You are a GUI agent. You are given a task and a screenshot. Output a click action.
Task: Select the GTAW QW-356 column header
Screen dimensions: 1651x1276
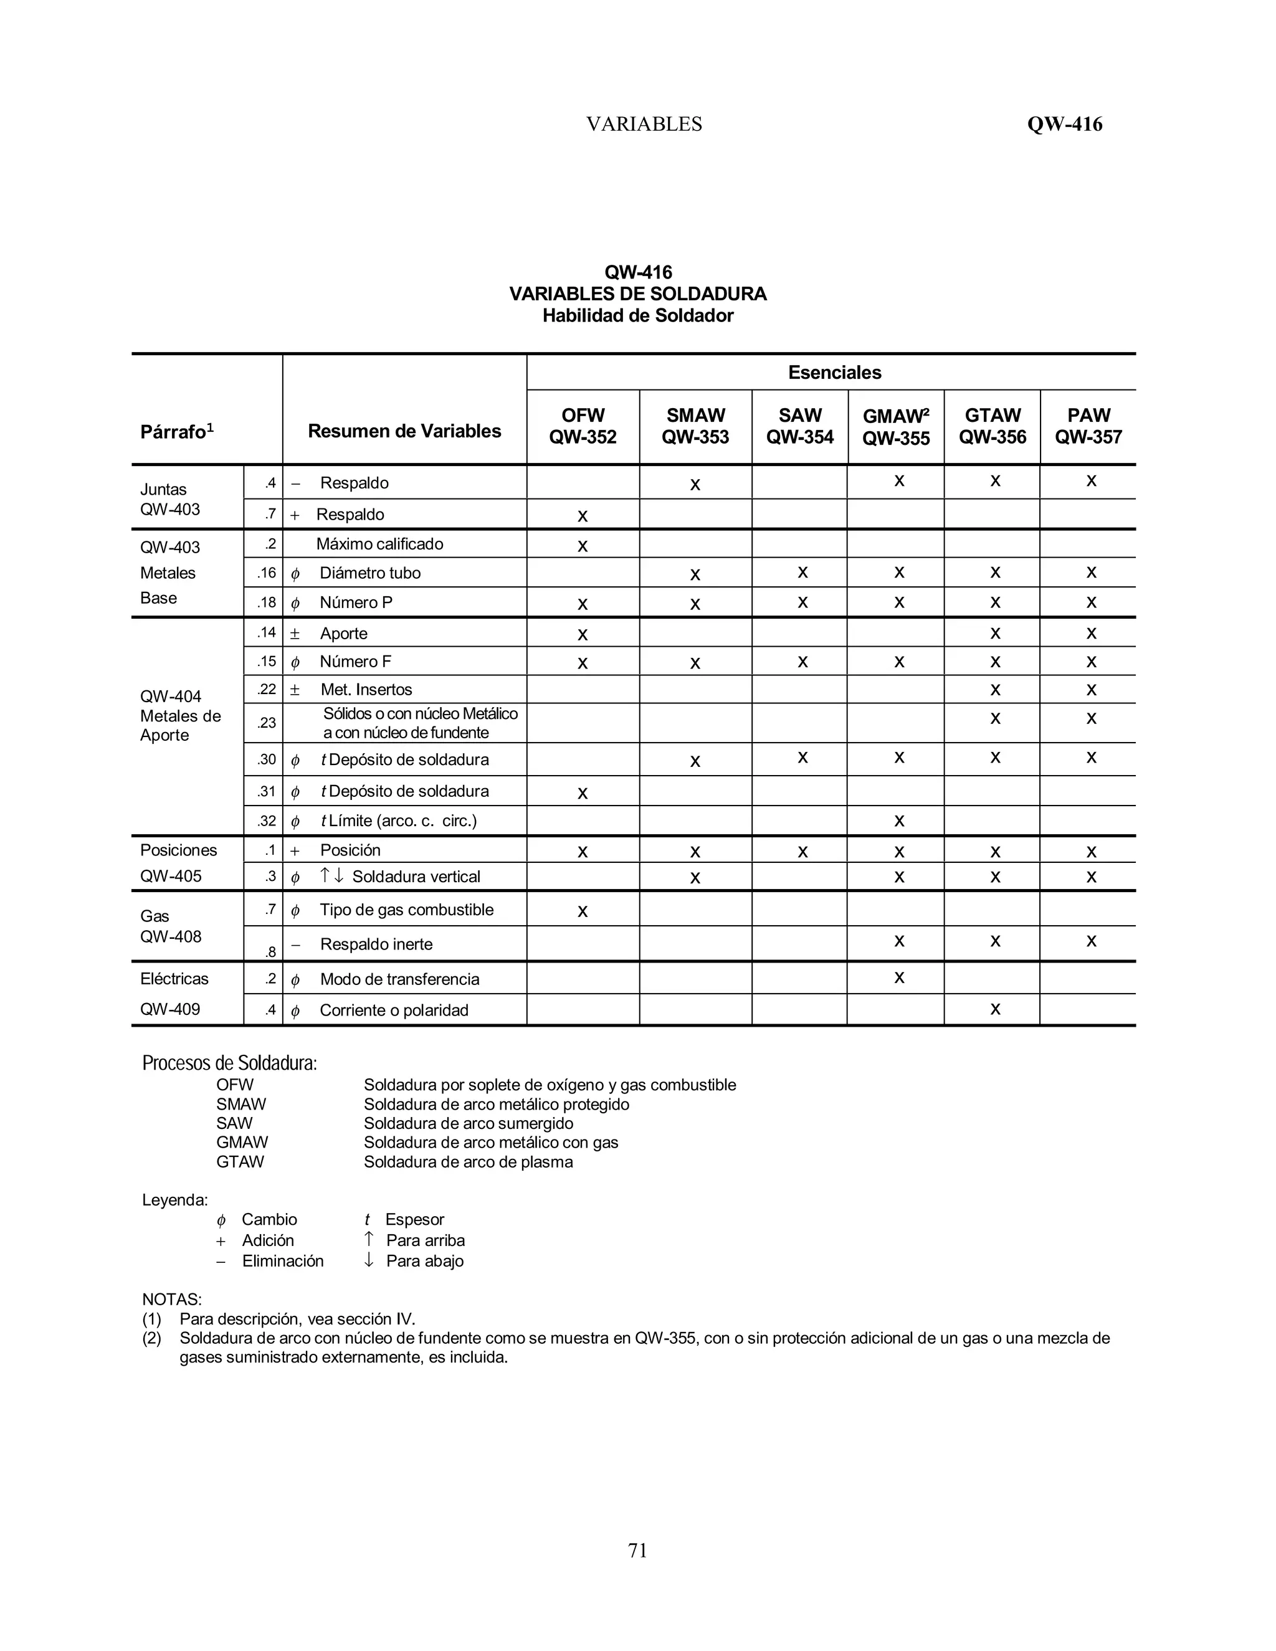993,426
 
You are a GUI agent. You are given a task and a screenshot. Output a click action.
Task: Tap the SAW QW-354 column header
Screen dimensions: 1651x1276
800,426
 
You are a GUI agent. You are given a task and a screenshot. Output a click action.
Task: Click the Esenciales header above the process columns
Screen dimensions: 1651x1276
834,373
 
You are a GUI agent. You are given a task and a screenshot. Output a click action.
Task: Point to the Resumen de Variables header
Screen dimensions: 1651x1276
404,431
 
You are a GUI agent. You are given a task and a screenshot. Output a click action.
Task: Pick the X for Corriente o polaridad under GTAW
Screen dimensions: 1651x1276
995,1009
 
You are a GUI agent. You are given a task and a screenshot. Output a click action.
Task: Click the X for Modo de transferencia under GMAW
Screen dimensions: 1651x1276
899,978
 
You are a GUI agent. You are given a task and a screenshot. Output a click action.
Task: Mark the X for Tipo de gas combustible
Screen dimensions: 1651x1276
582,911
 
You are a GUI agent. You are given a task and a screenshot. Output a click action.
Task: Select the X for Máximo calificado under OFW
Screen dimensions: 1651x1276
582,546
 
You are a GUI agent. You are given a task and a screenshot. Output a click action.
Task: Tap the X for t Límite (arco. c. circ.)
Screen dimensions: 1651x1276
899,821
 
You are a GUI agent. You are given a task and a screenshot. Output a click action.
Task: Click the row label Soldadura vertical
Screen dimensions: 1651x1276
416,877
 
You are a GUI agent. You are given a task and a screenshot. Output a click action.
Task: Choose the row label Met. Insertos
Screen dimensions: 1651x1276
366,690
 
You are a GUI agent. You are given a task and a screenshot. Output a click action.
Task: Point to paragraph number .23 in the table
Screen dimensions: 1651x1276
266,723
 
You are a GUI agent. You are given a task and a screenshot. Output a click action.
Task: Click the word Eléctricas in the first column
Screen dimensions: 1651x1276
174,979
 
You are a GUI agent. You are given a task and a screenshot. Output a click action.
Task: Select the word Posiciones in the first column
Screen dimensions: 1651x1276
178,850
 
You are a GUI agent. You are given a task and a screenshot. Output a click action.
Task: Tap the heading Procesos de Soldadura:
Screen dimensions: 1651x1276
229,1063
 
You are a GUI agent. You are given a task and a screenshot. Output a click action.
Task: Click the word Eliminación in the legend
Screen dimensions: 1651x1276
283,1261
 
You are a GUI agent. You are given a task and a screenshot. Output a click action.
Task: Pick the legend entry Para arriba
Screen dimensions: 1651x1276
425,1240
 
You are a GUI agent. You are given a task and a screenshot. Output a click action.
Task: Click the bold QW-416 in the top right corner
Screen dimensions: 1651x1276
1064,124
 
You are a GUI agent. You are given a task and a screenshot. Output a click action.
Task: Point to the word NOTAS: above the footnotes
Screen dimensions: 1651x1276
171,1300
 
